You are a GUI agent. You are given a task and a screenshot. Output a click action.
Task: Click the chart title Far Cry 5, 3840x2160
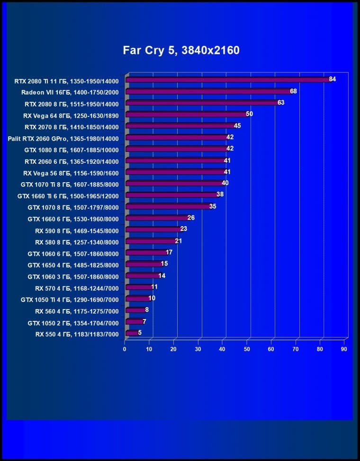coord(181,50)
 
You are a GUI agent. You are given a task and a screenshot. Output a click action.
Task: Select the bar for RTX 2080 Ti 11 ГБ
coord(227,80)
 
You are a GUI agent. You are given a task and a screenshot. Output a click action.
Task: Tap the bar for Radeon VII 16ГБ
coord(208,91)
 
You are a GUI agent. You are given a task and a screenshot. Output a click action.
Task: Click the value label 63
coord(281,103)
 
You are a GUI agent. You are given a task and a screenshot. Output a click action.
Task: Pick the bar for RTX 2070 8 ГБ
coord(180,126)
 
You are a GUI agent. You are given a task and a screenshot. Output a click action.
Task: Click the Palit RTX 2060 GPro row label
coord(63,138)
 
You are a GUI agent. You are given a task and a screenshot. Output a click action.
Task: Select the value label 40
coord(225,183)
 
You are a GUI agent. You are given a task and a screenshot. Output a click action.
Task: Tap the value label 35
coord(213,206)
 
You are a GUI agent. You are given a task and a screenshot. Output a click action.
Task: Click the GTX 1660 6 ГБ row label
coord(73,219)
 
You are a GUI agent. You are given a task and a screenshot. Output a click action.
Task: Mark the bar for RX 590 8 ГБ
coord(153,230)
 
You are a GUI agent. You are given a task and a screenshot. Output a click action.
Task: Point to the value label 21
coord(179,241)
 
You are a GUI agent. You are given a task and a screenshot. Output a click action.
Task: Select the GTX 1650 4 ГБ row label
coord(73,265)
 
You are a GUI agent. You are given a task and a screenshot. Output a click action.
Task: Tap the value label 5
coord(140,333)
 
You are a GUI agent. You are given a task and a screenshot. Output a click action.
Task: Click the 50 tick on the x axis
coord(247,349)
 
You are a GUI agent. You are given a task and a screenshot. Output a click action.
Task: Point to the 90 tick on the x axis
coord(344,349)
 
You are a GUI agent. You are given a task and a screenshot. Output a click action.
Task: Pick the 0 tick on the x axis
coord(125,349)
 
